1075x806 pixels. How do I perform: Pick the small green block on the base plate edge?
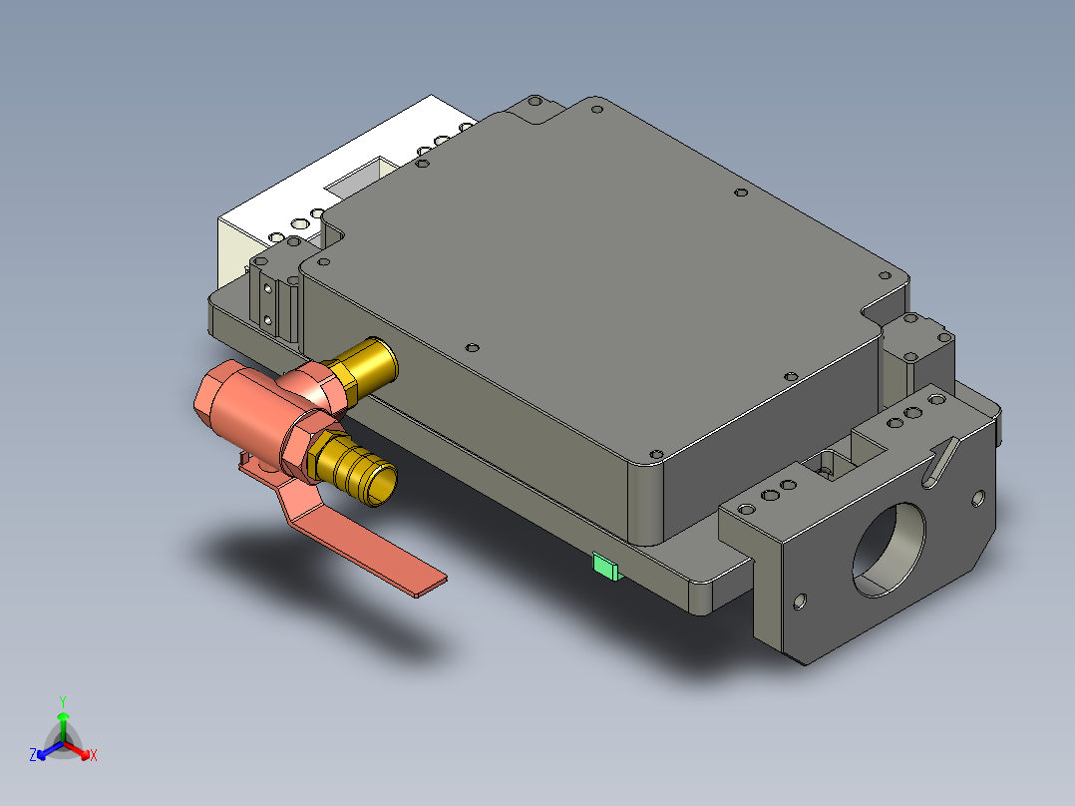tap(605, 567)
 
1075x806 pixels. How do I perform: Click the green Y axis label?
tap(62, 701)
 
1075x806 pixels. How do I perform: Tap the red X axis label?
tap(94, 755)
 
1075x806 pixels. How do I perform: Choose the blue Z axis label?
tap(33, 755)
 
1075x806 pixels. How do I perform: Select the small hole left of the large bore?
tap(798, 601)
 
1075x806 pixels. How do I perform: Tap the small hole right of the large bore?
tap(978, 496)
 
